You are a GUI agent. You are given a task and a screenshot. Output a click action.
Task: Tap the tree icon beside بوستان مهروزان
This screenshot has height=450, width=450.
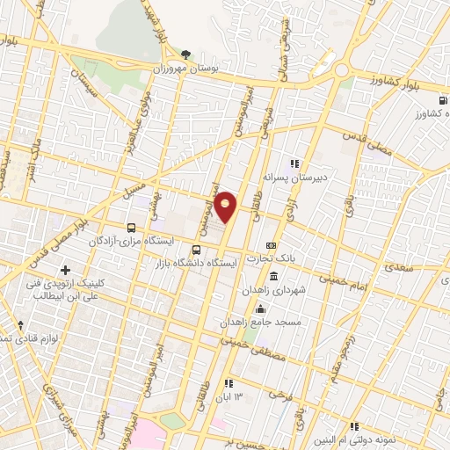184,54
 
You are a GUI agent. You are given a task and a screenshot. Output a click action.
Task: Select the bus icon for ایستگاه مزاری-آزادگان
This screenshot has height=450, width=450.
130,227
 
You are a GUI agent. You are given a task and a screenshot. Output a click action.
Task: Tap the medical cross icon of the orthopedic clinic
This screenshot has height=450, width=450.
65,269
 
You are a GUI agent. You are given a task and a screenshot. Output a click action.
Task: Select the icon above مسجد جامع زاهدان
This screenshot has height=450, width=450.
260,308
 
